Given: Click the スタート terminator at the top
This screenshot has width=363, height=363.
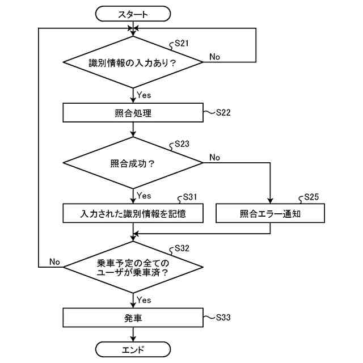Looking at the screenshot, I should (x=133, y=14).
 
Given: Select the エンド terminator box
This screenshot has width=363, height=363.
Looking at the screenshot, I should (x=133, y=349).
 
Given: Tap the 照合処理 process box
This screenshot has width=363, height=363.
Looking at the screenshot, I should (x=133, y=112).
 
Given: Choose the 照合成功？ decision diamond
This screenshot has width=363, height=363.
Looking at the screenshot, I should (x=133, y=163).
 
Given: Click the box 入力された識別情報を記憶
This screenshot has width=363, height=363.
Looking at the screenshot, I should (x=133, y=213).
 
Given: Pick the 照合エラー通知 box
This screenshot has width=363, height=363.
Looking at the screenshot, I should (x=270, y=213).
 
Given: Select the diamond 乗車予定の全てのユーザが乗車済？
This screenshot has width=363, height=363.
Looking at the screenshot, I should (x=133, y=267).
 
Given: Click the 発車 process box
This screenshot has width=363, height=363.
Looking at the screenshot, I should (x=133, y=318).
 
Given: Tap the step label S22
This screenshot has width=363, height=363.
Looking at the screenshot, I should (x=223, y=112).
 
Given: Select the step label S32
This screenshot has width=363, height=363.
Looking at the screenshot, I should (x=181, y=248).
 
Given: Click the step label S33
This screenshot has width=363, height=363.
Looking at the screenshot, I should (x=223, y=317).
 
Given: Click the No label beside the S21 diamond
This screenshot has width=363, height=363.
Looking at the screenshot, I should (x=215, y=56).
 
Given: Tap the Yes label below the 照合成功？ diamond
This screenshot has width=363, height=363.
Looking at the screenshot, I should (x=144, y=196).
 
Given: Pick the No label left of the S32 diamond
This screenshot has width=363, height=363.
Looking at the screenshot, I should (x=54, y=261).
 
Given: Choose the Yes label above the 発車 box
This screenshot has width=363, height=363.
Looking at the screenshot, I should (x=144, y=299).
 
